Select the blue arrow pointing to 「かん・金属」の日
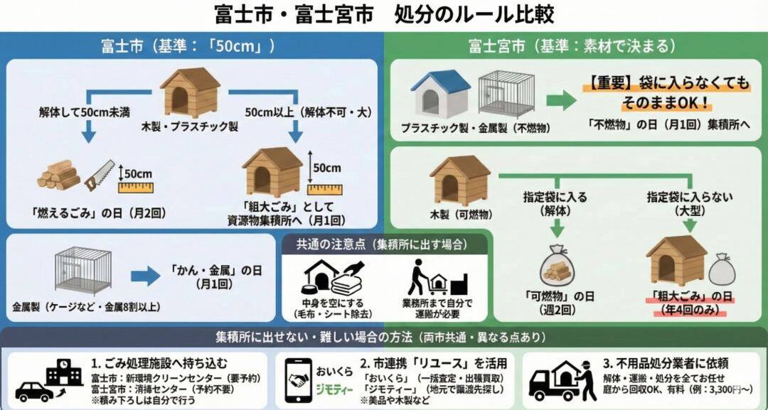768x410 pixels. pos(146,276)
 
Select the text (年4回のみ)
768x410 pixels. pos(688,310)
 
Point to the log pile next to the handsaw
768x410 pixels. pos(60,175)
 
